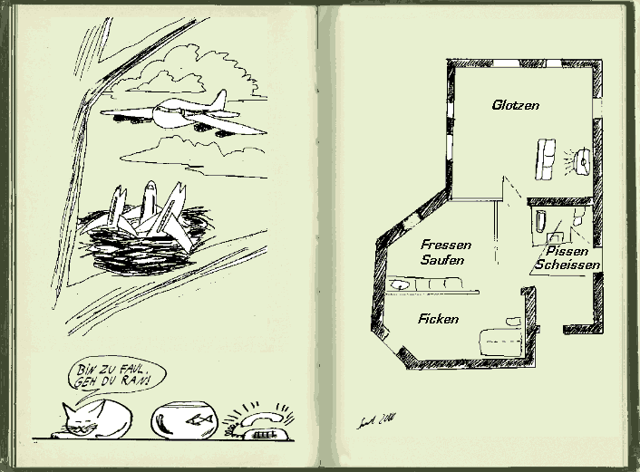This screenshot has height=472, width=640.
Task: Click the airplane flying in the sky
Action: [x=181, y=116]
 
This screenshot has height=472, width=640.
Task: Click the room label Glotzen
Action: [x=515, y=105]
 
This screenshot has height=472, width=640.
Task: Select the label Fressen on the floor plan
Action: [x=445, y=246]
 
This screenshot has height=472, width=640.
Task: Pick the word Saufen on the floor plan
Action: [x=443, y=260]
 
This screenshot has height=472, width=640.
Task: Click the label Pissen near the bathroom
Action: [x=567, y=250]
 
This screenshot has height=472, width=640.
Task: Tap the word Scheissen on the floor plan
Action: [x=567, y=265]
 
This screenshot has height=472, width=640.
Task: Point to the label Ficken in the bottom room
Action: [x=439, y=319]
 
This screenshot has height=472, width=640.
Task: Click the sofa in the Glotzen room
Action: [x=547, y=159]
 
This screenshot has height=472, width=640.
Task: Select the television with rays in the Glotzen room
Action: [x=581, y=161]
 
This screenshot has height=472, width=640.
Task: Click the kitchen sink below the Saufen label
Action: [x=401, y=286]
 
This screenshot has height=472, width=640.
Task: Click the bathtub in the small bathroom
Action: [x=539, y=221]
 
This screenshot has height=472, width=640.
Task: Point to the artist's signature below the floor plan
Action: [x=371, y=418]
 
